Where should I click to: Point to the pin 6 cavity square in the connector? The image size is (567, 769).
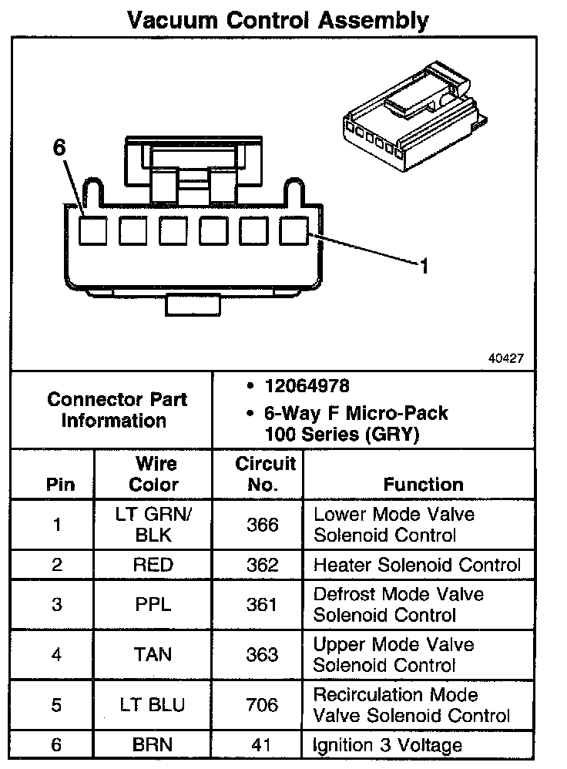[92, 230]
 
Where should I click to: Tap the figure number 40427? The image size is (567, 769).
[505, 358]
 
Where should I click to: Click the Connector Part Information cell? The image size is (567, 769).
[111, 410]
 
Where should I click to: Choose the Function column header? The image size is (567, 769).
[423, 484]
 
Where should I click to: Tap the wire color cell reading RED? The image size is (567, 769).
[153, 564]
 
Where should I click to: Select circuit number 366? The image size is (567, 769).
[262, 525]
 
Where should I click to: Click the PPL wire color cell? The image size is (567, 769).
[153, 604]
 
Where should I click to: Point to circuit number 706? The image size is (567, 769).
[262, 704]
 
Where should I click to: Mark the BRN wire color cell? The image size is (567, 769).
[153, 745]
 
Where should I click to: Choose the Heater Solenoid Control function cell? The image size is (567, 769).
[417, 564]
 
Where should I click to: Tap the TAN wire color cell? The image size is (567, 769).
[153, 654]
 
